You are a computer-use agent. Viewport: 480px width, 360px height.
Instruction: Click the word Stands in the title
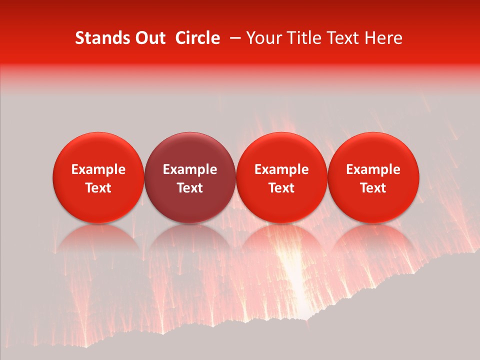[98, 38]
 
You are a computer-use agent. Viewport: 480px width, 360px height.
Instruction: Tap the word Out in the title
[149, 38]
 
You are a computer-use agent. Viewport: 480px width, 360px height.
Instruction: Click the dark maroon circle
[190, 177]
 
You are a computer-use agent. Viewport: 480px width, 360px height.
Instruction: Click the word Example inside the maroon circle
[190, 169]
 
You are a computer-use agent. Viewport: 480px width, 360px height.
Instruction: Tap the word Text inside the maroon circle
[190, 188]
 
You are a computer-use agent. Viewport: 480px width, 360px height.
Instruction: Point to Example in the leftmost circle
[98, 169]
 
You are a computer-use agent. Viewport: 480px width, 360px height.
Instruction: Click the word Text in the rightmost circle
[373, 188]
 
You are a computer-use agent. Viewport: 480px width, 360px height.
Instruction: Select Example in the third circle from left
[281, 169]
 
